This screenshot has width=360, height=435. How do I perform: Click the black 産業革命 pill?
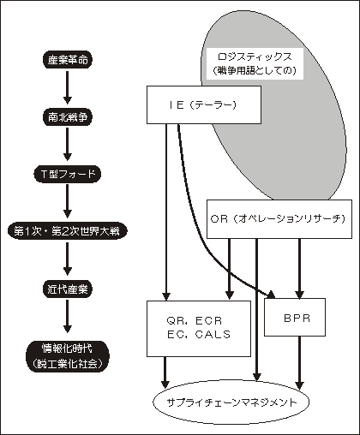click(68, 60)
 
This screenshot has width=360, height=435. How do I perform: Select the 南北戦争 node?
click(68, 117)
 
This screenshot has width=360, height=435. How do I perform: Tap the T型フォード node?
click(68, 174)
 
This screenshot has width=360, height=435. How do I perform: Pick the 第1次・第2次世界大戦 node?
click(68, 231)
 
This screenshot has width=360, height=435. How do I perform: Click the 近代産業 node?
click(68, 289)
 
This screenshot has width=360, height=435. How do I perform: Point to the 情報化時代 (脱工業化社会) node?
click(68, 356)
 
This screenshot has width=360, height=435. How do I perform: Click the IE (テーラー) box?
click(204, 105)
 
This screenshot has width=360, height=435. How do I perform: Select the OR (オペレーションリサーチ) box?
click(279, 219)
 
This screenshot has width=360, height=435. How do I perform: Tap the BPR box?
click(295, 317)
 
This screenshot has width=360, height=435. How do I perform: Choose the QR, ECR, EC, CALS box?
click(199, 328)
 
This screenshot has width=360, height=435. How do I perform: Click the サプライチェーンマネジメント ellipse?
click(231, 402)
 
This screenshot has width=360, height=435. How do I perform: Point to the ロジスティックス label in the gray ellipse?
click(255, 57)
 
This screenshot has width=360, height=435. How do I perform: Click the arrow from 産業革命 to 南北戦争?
click(68, 87)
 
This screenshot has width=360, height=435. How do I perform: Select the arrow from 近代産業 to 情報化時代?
click(68, 316)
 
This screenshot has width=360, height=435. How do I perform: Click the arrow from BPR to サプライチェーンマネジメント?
click(299, 362)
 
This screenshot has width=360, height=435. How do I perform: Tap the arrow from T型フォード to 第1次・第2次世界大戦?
click(68, 201)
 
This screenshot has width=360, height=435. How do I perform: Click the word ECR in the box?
click(209, 321)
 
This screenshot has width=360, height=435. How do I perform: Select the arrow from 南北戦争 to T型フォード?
click(68, 144)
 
